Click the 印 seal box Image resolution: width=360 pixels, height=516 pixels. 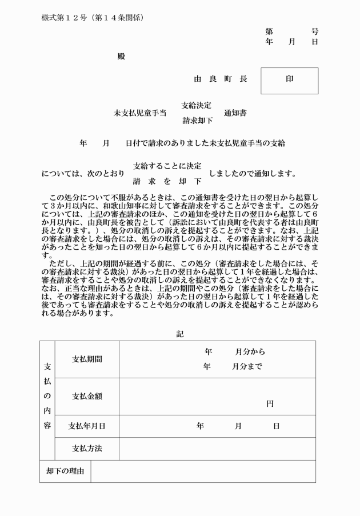point(289,80)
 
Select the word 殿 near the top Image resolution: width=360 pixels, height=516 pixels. point(121,56)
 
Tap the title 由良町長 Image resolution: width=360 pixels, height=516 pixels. point(220,79)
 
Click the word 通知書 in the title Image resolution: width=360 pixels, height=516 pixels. point(235,113)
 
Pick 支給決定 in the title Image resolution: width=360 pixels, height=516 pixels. point(197,105)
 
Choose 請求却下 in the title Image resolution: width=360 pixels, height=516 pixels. point(197,121)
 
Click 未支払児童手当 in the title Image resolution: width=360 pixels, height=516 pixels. point(140,113)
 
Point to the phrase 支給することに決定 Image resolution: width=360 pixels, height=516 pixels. point(167,166)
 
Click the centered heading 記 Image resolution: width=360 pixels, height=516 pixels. point(180,334)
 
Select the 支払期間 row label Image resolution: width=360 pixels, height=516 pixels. point(87,359)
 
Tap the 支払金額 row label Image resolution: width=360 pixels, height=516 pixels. point(87,396)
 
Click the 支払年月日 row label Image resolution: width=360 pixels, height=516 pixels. point(87,426)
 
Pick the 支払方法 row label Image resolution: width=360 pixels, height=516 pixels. point(87,449)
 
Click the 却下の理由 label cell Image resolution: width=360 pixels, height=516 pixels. point(65,471)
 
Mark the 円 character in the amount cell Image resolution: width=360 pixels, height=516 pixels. point(270,403)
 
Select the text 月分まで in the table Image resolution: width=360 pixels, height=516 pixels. point(247,367)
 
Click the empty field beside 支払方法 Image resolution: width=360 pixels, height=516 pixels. point(217,449)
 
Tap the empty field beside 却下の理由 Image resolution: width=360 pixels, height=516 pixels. point(203,471)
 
